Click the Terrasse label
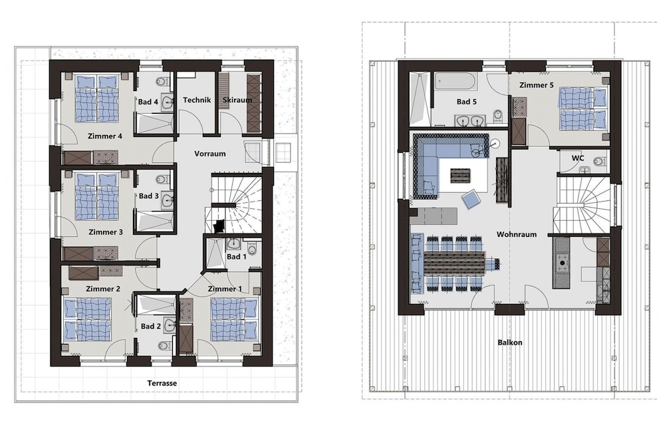tap(162, 383)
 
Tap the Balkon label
tap(510, 343)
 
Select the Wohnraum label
tap(517, 234)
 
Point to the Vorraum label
tap(210, 154)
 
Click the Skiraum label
tap(237, 100)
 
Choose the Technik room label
tap(197, 100)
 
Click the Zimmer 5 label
tap(537, 85)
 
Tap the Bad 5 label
tap(467, 102)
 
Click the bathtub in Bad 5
tap(456, 80)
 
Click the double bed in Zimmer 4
tap(96, 99)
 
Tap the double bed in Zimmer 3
tap(96, 196)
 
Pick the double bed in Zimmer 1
tap(235, 319)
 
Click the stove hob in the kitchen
tap(563, 263)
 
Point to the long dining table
tap(454, 263)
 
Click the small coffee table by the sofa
tap(460, 176)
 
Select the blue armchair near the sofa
tap(471, 200)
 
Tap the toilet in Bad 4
tap(161, 80)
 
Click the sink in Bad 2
tap(170, 325)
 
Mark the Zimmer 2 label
tap(103, 289)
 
